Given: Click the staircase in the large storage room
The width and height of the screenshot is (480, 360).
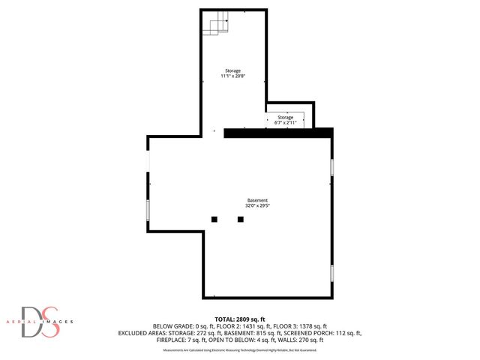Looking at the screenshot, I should coord(217,25).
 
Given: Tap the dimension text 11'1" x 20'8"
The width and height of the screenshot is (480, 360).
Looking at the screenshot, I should coord(232,76).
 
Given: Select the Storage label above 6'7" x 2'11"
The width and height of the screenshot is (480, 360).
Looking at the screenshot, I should coord(286,117).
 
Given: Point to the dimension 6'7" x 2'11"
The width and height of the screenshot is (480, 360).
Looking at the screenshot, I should coord(286,122).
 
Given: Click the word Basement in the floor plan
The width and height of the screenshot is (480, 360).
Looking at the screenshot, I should coord(257,200).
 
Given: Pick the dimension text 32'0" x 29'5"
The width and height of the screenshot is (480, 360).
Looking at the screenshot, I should coord(257,205).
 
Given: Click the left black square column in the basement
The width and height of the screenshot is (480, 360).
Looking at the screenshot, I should coord(214,220).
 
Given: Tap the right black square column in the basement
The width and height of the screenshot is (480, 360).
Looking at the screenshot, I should coord(241,220).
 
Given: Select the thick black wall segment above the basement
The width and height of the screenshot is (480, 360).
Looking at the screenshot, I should coord(278,133).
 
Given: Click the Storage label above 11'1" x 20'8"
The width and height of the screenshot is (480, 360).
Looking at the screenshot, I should coord(232,70).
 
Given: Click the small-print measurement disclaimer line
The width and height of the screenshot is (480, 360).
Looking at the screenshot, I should coord(240,349).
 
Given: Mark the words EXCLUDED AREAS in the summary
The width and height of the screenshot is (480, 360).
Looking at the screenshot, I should coord(142,333).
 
